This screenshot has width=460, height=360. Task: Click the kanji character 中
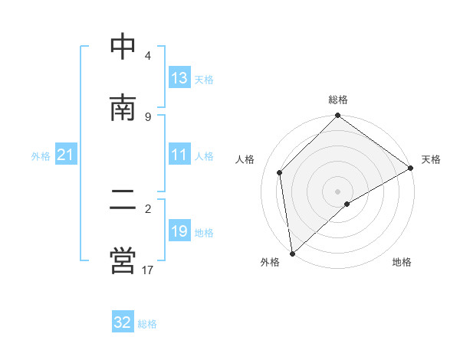tap(123, 47)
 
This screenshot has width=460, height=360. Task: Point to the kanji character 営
tap(123, 260)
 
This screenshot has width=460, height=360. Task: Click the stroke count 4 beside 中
tap(148, 56)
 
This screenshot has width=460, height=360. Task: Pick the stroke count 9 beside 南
tap(148, 116)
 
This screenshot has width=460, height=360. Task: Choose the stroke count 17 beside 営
tap(148, 270)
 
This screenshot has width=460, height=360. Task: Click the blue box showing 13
tap(179, 78)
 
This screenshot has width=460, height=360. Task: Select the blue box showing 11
tap(179, 155)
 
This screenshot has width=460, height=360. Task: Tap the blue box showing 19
tap(179, 231)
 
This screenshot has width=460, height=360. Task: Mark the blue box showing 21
tap(65, 155)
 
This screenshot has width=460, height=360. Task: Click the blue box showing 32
tap(123, 322)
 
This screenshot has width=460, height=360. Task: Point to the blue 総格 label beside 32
tap(147, 324)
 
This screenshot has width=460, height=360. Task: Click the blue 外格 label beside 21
tap(41, 156)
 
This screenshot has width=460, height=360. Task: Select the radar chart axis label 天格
tap(431, 159)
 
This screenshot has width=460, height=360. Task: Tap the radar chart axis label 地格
tap(402, 263)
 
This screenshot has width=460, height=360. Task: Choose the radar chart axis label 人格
tap(247, 159)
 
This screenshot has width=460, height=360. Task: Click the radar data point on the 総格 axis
tap(337, 116)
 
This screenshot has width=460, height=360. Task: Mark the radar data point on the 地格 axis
tap(347, 204)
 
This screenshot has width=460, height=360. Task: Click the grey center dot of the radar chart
tap(337, 191)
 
